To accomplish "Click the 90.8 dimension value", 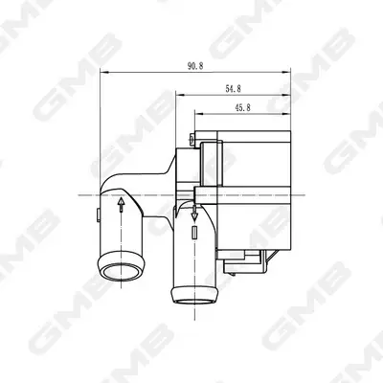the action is [x=195, y=66].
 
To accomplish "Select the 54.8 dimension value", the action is [x=233, y=89].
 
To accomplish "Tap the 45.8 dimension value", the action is [x=242, y=108].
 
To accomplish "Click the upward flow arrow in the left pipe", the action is [x=121, y=205].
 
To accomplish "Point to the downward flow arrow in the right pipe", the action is [x=194, y=213].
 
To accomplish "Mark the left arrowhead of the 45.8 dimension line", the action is [x=199, y=114].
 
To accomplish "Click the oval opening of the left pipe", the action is [x=122, y=272].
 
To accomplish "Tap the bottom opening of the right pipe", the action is [x=194, y=302].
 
